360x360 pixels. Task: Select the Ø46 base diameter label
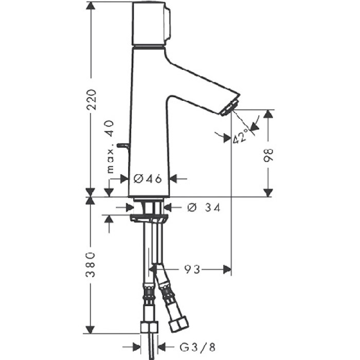(x=148, y=178)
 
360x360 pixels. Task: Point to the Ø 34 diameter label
(x=204, y=207)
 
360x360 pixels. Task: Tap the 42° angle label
(x=239, y=135)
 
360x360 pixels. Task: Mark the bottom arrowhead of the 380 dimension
(x=91, y=329)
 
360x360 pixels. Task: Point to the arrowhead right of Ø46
(x=173, y=178)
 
